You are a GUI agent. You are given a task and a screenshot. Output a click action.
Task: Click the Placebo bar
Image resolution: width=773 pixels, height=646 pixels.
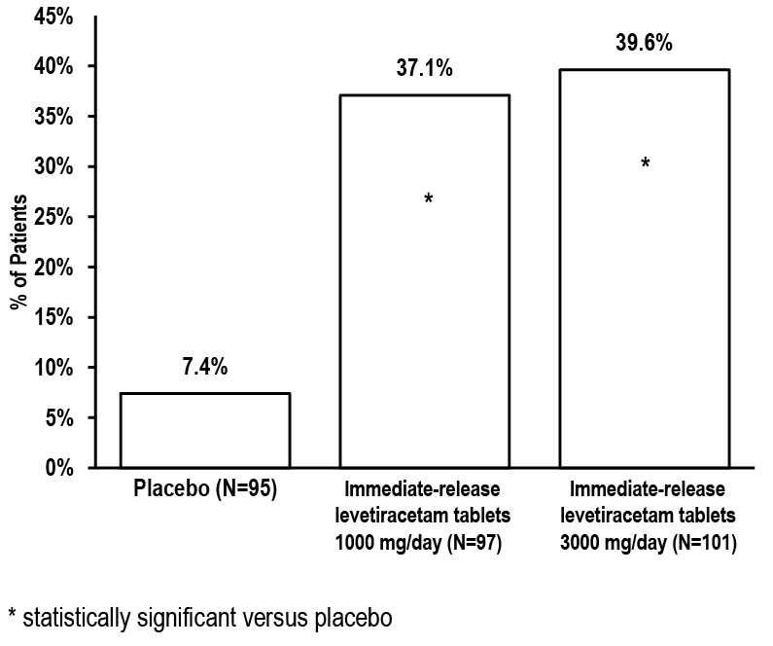(x=204, y=430)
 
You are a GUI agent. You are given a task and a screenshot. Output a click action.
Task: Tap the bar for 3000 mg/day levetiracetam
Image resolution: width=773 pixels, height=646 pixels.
(x=644, y=268)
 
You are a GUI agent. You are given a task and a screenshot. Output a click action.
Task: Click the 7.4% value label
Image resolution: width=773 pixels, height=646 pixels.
(x=204, y=369)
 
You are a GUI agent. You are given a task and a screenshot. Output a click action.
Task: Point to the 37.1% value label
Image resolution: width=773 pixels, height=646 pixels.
(x=424, y=70)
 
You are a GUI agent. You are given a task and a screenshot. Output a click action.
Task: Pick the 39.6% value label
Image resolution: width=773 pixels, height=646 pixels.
(x=644, y=45)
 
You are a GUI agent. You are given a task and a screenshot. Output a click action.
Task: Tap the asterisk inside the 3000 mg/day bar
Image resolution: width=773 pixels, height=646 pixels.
(x=645, y=163)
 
